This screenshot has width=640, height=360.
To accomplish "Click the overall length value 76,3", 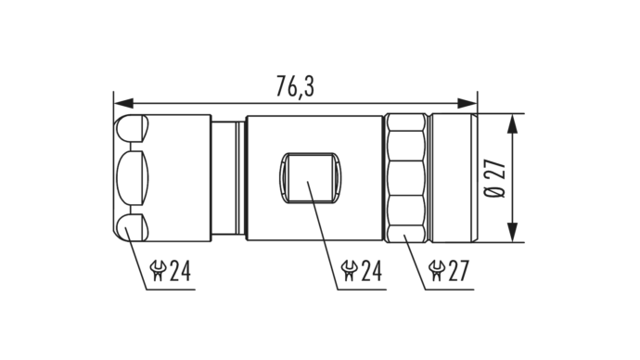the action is (295, 86).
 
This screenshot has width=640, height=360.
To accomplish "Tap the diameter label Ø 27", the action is (495, 178).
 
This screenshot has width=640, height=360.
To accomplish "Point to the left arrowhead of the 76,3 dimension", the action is (123, 103).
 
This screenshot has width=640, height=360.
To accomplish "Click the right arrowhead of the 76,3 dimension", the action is (467, 103).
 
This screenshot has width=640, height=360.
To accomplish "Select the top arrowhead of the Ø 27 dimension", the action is (512, 123).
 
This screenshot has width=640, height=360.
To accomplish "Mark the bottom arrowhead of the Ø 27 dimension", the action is (512, 232).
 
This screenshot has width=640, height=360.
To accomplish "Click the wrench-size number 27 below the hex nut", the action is (459, 271).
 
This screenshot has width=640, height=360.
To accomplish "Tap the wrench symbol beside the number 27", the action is (437, 271).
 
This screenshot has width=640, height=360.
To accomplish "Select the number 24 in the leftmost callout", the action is (180, 271).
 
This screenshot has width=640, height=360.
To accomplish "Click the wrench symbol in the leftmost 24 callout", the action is (158, 271).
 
